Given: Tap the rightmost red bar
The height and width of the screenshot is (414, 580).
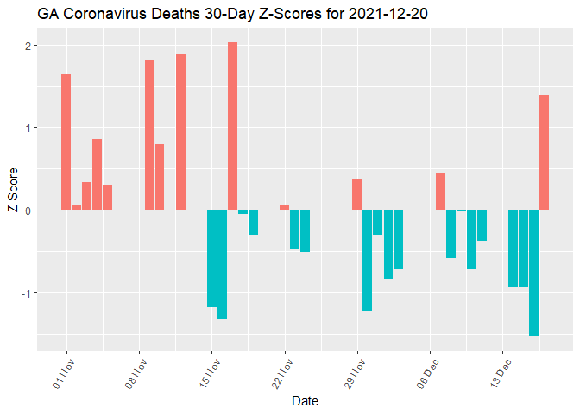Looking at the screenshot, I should pyautogui.click(x=544, y=152).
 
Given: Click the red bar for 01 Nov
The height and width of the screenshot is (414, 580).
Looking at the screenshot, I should pyautogui.click(x=66, y=141).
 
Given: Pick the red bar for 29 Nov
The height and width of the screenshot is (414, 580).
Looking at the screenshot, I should pyautogui.click(x=356, y=194).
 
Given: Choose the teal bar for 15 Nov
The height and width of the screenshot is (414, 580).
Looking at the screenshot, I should pyautogui.click(x=211, y=258).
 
